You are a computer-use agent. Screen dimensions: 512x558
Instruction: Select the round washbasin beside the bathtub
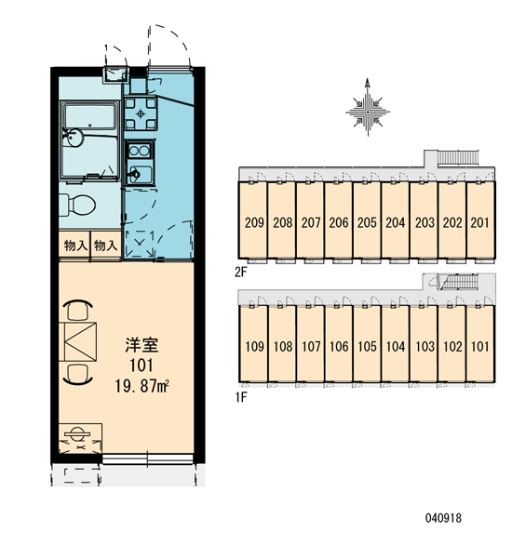[x=74, y=137]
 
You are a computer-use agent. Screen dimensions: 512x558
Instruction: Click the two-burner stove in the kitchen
[x=139, y=152]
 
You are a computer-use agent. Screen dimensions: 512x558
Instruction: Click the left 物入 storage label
[x=75, y=246]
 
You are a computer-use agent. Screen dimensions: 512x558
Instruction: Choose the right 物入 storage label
[x=105, y=246]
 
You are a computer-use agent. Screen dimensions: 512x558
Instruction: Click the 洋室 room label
[x=141, y=345]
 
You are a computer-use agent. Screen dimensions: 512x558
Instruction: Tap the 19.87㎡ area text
[x=141, y=386]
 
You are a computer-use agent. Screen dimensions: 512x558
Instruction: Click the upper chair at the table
[x=78, y=310]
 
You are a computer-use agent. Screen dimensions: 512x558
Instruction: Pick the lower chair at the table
[x=78, y=375]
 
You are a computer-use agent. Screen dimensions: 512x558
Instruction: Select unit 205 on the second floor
[x=367, y=223]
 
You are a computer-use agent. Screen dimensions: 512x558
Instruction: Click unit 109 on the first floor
[x=254, y=347]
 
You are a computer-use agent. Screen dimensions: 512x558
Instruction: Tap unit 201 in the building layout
[x=479, y=223]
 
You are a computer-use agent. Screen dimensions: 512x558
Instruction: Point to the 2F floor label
[x=241, y=272]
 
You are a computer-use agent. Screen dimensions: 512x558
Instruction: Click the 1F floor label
[x=241, y=397]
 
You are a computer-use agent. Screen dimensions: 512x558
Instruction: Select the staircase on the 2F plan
[x=458, y=157]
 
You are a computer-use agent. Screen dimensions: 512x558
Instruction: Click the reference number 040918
[x=443, y=518]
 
